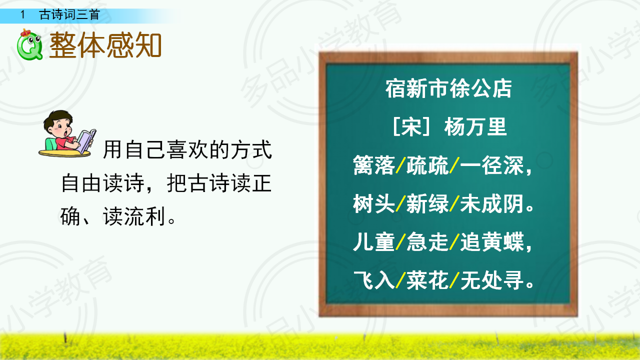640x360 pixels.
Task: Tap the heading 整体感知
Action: click(105, 45)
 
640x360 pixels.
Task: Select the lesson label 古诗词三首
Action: click(69, 14)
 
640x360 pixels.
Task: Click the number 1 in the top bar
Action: click(23, 14)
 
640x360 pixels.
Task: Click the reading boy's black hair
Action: click(57, 118)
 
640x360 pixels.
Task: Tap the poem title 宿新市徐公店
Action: click(448, 88)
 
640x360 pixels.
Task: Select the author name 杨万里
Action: click(475, 126)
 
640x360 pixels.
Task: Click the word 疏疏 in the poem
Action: click(427, 165)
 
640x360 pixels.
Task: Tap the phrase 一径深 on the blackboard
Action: click(492, 165)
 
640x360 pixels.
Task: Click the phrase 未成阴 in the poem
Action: click(492, 203)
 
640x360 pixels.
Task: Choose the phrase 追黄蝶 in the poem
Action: click(492, 241)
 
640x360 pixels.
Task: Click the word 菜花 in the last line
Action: click(427, 280)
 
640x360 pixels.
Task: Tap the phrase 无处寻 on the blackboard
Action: click(492, 280)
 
